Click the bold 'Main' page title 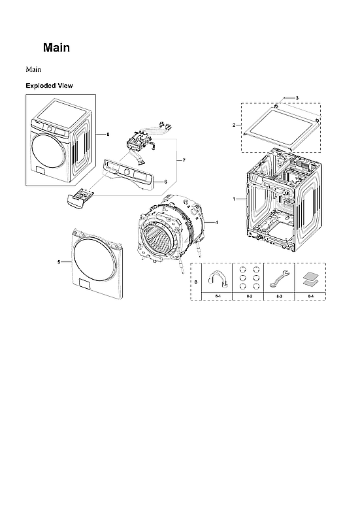coord(56,48)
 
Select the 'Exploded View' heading coord(49,86)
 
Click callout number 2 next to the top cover coord(234,125)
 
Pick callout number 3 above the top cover coord(297,98)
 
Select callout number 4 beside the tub coord(216,223)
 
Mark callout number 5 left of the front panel coord(59,261)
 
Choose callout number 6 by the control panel coord(165,181)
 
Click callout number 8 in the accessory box coord(195,282)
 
